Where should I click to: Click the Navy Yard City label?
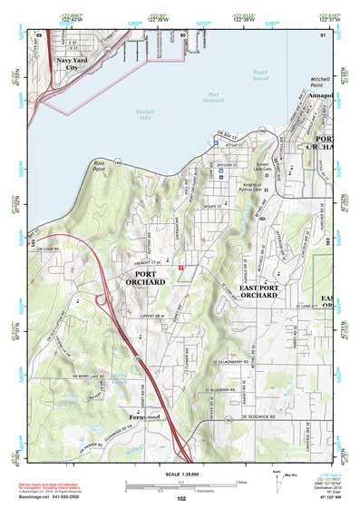point(73,64)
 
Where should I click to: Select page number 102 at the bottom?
point(181,499)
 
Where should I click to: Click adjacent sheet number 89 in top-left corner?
point(39,34)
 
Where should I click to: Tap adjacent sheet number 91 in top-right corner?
point(323,34)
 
